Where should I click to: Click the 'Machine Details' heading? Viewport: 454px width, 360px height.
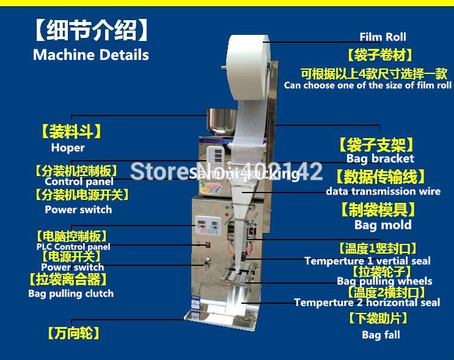[x=90, y=54]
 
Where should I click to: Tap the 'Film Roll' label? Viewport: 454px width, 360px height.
[x=383, y=37]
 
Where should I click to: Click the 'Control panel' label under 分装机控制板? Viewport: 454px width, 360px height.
[x=79, y=182]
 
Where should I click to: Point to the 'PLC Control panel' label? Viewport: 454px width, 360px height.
[x=73, y=247]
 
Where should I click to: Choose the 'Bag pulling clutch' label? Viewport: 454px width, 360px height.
[x=71, y=293]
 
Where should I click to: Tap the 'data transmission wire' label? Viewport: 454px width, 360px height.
[x=383, y=191]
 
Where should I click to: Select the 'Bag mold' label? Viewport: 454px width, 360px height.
[x=383, y=225]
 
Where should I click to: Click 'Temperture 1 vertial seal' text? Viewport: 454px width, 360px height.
[x=367, y=261]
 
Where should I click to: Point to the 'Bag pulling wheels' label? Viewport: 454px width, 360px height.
[x=384, y=281]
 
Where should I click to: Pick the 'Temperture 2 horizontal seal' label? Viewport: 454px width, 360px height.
[x=367, y=303]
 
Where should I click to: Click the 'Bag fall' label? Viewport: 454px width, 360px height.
[x=381, y=335]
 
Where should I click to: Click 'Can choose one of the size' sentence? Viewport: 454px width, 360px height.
[x=367, y=86]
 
